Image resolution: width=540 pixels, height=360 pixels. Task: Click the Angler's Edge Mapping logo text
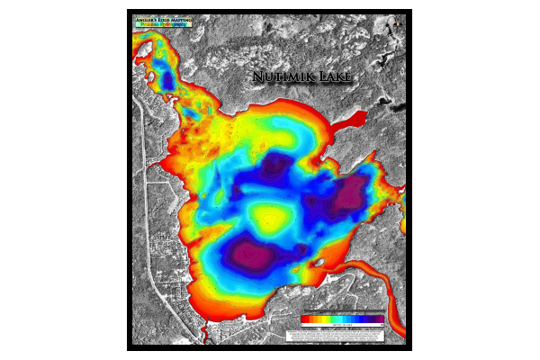[163, 19]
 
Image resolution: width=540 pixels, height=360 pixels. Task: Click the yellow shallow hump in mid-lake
[268, 217]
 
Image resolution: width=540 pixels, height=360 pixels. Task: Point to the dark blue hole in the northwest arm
[166, 78]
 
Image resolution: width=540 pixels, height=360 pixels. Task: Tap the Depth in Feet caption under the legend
[342, 324]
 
